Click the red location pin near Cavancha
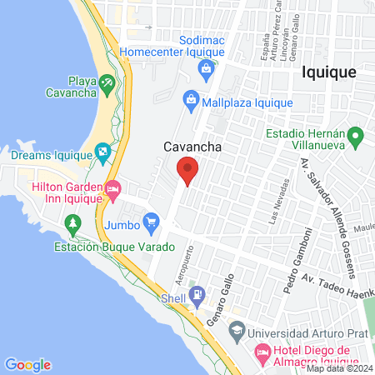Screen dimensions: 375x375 click(187, 170)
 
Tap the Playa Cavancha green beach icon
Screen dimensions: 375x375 click(107, 83)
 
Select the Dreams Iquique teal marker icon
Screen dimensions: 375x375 click(103, 152)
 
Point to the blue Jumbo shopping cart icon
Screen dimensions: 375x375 click(151, 222)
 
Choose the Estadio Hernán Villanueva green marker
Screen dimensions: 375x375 click(354, 134)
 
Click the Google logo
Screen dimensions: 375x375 click(27, 364)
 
